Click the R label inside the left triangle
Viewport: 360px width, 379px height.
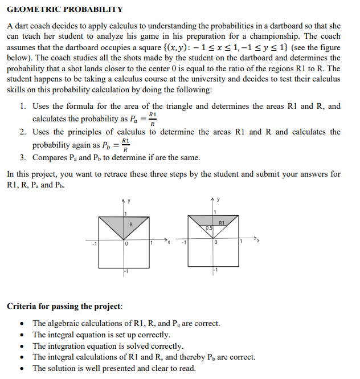tap(131, 224)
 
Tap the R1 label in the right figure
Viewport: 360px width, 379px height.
tap(222, 222)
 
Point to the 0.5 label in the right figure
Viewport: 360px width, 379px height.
tap(210, 228)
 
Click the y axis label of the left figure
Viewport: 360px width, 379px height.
tap(129, 200)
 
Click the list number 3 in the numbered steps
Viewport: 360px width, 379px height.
tap(22, 157)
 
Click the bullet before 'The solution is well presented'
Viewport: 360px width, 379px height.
tap(22, 368)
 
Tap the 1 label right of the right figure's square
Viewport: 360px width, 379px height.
tap(241, 243)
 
